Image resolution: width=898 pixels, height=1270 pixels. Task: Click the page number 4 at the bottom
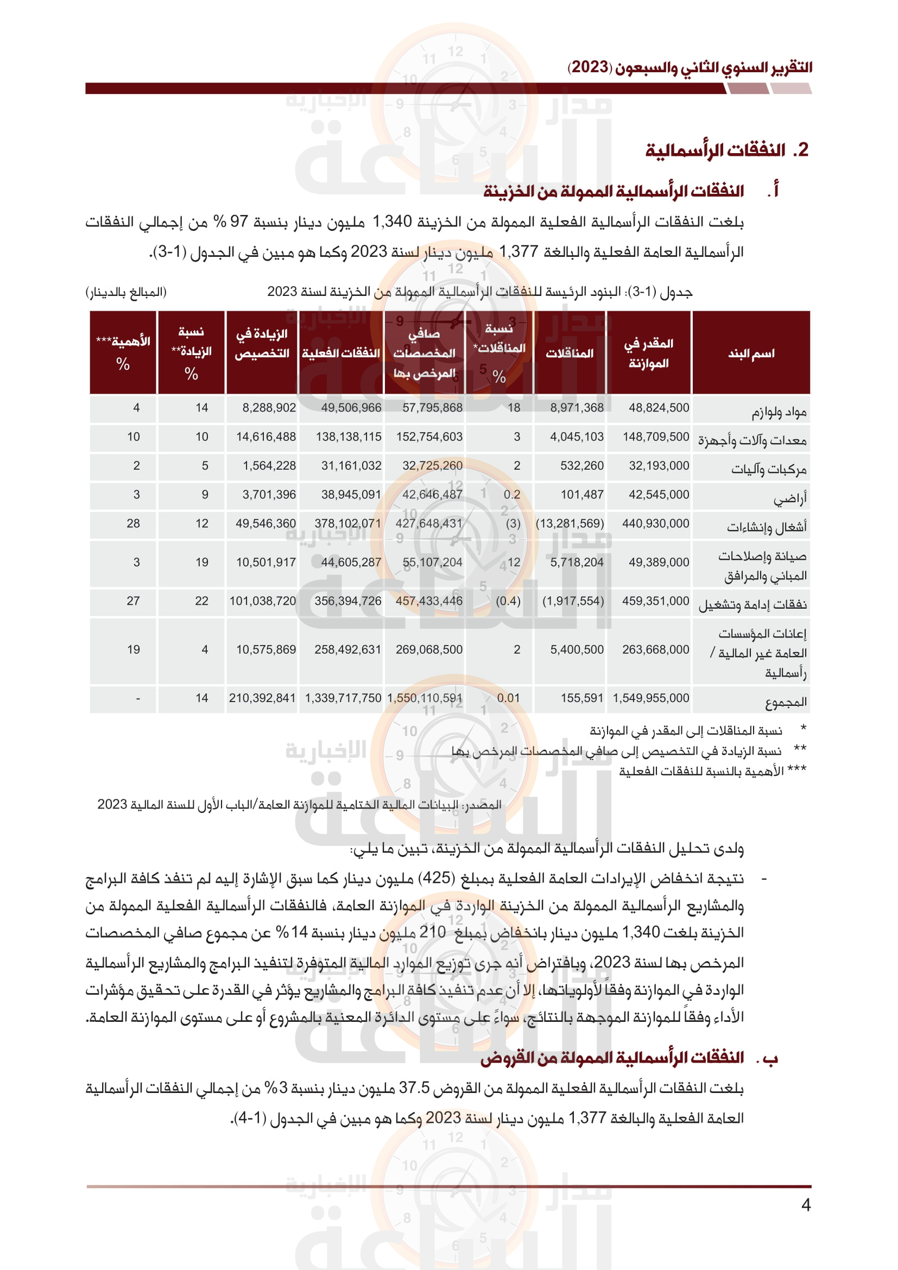[806, 1205]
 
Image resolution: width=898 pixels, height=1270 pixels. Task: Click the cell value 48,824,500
[659, 408]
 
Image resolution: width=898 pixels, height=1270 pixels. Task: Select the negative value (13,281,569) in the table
[570, 523]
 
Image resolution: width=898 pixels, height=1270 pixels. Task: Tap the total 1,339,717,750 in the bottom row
[343, 698]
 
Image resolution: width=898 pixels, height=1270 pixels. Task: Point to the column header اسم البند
[751, 353]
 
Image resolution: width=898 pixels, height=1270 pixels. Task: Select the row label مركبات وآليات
[769, 470]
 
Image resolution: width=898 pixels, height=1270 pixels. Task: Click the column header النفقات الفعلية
[340, 353]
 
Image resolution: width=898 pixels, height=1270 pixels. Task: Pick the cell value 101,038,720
[263, 601]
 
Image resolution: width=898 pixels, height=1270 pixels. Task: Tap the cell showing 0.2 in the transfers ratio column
[511, 495]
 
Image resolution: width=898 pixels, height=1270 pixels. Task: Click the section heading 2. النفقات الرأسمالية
[726, 150]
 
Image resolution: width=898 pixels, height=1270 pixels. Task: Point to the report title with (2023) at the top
[690, 67]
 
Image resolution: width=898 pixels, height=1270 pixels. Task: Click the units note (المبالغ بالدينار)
[126, 292]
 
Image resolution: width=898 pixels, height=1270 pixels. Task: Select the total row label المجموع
[786, 702]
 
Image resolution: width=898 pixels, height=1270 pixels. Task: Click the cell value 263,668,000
[655, 649]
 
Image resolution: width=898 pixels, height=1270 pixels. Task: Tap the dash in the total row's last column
[138, 699]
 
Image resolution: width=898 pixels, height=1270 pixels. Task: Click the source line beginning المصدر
[299, 805]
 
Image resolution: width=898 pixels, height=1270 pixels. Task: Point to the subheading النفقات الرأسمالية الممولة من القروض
[611, 1058]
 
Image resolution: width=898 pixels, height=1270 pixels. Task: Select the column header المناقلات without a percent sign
[570, 353]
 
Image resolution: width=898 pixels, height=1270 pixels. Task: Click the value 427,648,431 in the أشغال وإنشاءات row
[428, 523]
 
